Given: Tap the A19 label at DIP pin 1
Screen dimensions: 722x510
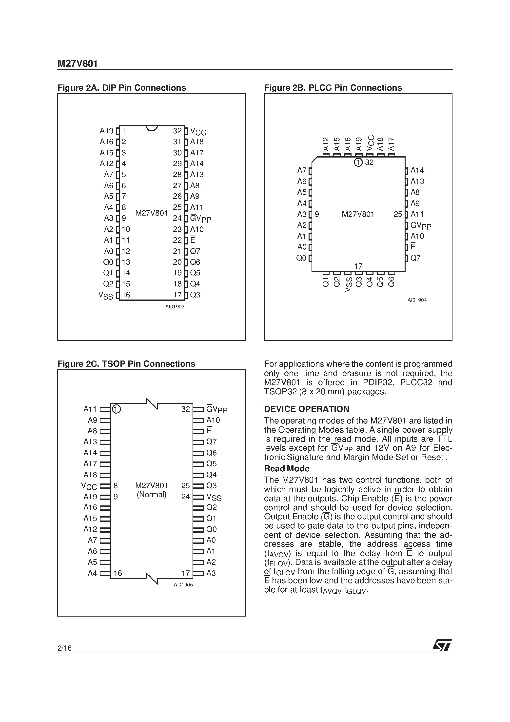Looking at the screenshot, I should click(106, 131).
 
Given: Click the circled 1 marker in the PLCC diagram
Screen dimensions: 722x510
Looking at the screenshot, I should click(358, 162).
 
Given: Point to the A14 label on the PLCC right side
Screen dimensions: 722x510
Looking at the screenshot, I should click(417, 170).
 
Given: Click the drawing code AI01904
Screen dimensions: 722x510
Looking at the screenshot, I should click(417, 300).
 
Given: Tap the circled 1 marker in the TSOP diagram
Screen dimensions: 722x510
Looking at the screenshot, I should click(116, 409).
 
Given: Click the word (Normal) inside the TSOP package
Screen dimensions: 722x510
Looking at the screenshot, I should click(152, 495).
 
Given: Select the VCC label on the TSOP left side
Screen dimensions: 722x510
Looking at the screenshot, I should click(89, 486).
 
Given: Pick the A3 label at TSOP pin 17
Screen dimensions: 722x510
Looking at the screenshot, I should click(211, 573).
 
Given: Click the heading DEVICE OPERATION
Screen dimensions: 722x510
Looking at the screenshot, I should click(307, 409).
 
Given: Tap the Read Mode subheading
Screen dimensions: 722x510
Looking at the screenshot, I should click(287, 469).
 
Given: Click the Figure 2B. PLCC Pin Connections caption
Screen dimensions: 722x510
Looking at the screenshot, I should click(333, 88).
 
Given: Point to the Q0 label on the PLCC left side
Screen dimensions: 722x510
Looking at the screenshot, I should click(301, 258).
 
